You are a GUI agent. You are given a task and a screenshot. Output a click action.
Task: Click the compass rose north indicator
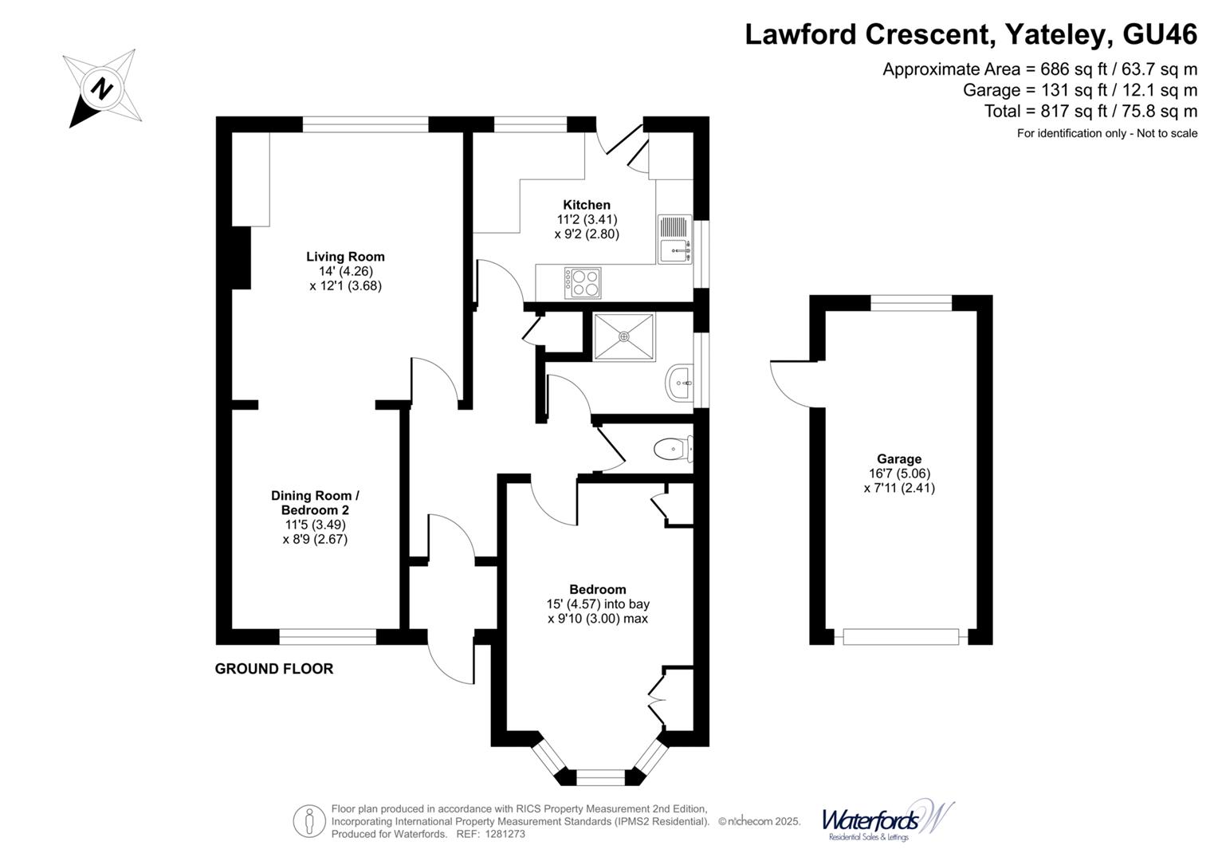(101, 88)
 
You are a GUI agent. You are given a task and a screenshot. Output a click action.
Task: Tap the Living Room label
(345, 257)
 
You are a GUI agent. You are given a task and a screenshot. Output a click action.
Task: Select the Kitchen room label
(587, 205)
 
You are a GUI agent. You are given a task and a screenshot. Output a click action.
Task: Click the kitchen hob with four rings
(583, 283)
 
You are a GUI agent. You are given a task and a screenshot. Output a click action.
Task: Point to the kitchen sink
(674, 238)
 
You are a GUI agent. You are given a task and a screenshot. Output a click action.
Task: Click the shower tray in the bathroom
(624, 336)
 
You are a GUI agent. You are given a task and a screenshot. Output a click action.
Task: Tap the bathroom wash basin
(679, 384)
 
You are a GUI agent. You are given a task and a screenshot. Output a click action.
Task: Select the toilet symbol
(672, 450)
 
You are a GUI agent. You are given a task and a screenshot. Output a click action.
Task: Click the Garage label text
(898, 459)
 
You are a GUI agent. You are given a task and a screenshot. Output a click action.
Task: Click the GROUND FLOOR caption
(274, 669)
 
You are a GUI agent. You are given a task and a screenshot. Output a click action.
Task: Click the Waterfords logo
(886, 820)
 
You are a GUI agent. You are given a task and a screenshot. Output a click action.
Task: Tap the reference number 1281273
(501, 834)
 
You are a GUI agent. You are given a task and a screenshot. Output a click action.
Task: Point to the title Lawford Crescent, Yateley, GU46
(970, 34)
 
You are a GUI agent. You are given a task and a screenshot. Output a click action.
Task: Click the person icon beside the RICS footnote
(308, 821)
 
